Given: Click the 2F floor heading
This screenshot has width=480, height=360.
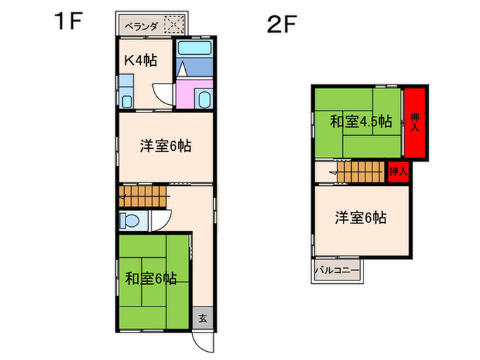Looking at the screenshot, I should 282,25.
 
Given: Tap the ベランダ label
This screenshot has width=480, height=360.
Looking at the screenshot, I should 141,27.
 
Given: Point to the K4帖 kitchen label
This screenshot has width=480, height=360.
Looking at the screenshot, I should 140,60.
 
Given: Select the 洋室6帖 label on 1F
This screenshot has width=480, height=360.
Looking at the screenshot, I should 165,145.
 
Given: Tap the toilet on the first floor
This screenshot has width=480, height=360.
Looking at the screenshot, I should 130,221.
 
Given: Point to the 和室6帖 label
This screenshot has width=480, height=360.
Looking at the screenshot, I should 151,278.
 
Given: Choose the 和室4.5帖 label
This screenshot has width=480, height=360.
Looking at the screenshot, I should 361,121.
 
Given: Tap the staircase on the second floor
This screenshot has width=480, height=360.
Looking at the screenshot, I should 360,171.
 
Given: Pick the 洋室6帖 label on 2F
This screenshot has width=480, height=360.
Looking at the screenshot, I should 361,218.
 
